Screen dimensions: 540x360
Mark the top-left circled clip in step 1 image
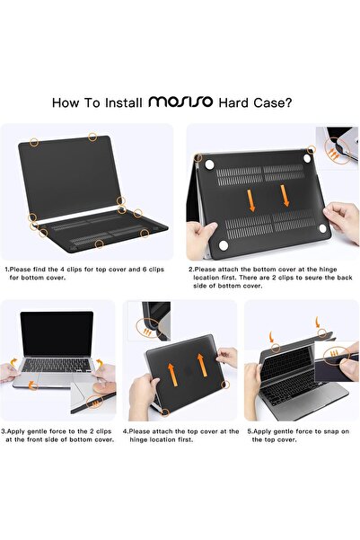[33, 141]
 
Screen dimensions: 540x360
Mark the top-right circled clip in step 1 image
[93, 136]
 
